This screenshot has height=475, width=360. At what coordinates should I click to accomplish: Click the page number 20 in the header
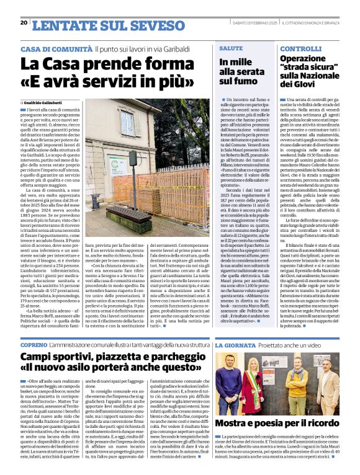point(23,22)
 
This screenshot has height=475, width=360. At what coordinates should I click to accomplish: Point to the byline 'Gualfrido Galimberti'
point(47,102)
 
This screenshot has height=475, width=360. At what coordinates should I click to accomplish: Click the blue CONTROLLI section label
point(301,48)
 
